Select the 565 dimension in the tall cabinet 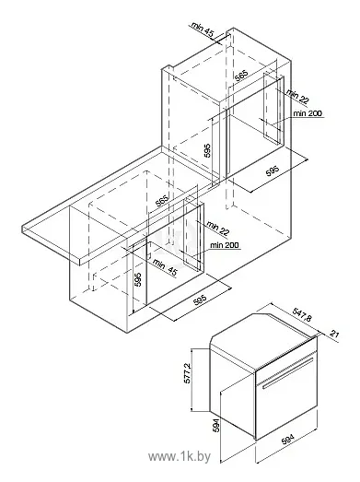pyautogui.click(x=241, y=76)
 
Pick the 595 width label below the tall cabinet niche pyautogui.click(x=273, y=174)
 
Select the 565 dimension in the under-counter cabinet pyautogui.click(x=163, y=202)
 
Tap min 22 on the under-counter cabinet pyautogui.click(x=216, y=227)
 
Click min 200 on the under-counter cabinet pyautogui.click(x=223, y=244)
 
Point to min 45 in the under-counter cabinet pyautogui.click(x=167, y=267)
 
